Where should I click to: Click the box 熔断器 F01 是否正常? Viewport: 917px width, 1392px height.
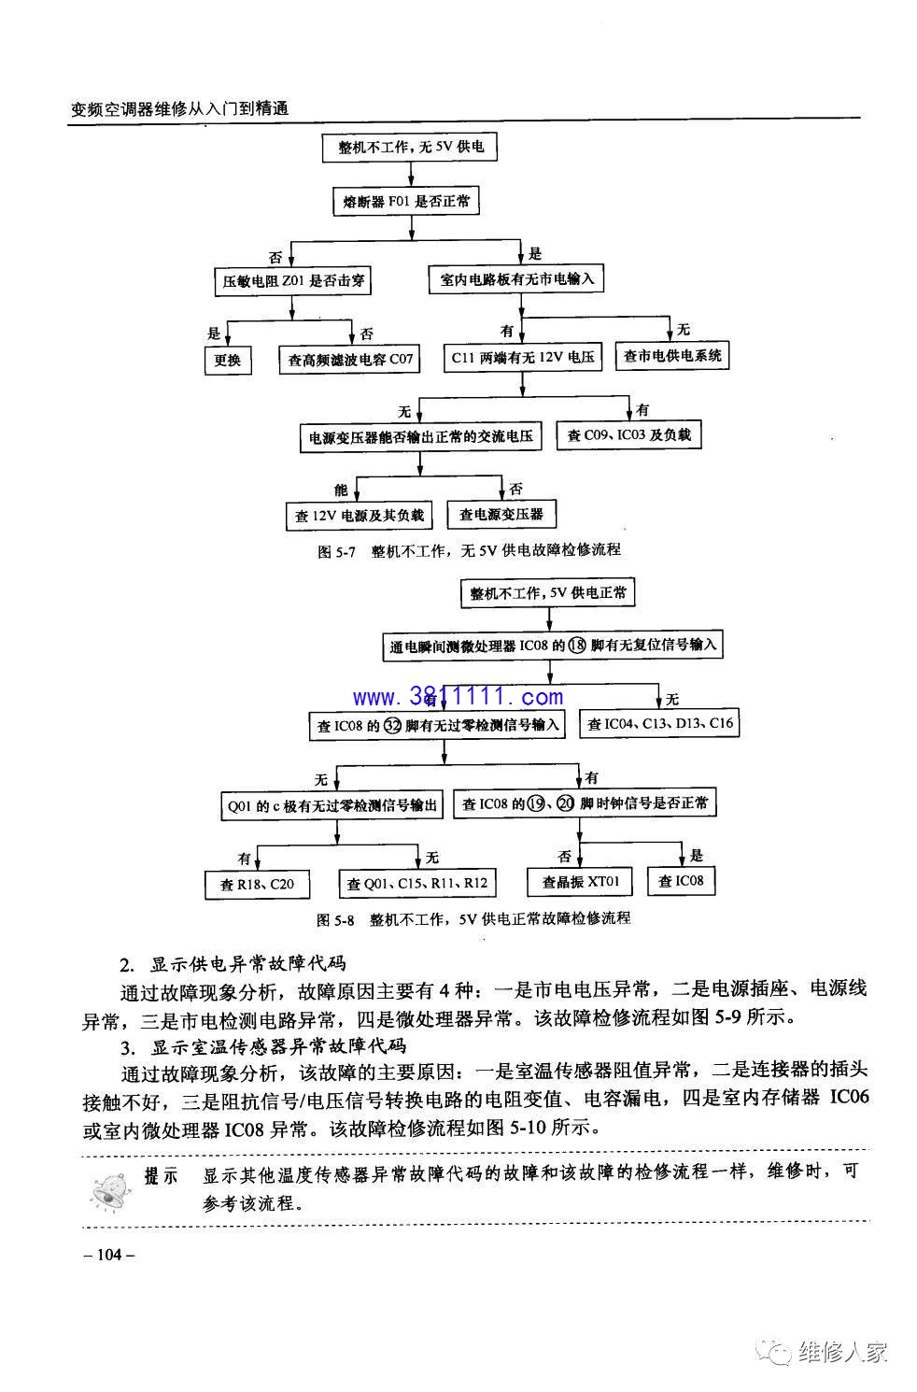[405, 202]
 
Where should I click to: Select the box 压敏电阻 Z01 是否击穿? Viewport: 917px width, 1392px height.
[292, 281]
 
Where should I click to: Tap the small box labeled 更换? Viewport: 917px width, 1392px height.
[228, 360]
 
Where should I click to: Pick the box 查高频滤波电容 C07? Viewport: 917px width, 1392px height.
[349, 359]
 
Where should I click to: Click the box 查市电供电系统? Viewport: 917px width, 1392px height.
[672, 355]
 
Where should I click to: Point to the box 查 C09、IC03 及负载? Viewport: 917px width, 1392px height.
[628, 435]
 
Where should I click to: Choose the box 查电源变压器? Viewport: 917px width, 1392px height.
[501, 514]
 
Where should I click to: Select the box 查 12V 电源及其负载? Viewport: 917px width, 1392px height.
[360, 515]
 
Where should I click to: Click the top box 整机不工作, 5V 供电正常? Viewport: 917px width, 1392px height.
[548, 593]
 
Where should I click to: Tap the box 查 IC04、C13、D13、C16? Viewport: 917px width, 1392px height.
[660, 723]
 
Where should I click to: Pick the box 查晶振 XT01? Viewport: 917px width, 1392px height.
[580, 881]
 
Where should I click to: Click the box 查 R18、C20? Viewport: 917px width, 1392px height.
[257, 885]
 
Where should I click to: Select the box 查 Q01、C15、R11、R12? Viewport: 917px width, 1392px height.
[417, 883]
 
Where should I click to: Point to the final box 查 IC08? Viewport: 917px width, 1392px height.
[681, 881]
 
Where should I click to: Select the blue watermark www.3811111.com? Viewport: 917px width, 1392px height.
[458, 697]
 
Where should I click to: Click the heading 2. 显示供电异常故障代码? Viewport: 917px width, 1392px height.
[233, 964]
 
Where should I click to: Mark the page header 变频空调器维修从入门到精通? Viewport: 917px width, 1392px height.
[179, 108]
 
